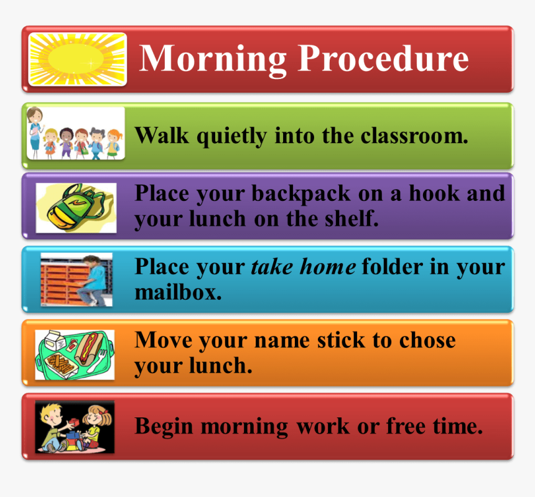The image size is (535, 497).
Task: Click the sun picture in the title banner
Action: click(x=77, y=60)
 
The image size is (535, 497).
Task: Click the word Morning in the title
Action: click(x=212, y=58)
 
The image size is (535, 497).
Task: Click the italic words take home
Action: click(x=303, y=267)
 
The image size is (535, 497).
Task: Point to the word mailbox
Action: click(x=177, y=292)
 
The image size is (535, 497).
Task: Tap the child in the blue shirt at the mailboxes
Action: click(x=93, y=279)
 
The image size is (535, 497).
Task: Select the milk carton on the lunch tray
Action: click(x=49, y=341)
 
